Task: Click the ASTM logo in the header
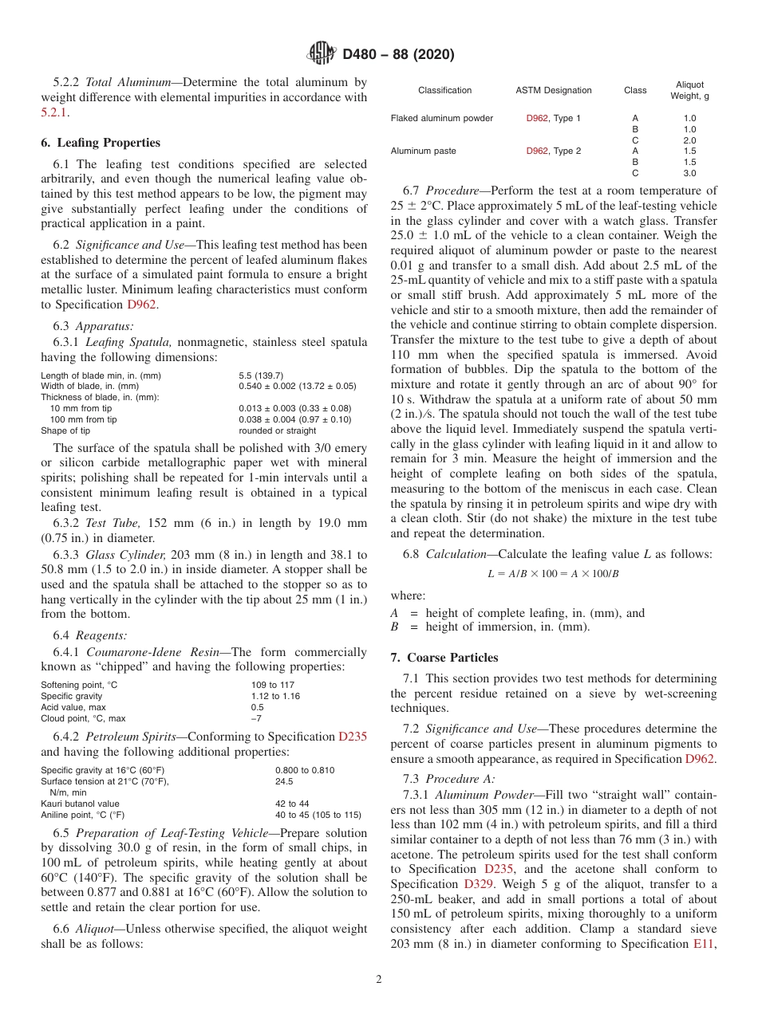pos(322,54)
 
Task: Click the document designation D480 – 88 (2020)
pos(398,55)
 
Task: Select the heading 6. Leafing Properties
pos(101,143)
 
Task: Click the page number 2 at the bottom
pos(379,979)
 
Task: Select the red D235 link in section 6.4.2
pos(353,737)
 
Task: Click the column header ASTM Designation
pos(554,91)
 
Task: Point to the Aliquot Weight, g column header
pos(689,90)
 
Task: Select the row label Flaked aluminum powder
pos(441,119)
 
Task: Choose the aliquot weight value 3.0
pos(689,173)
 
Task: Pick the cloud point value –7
pos(256,718)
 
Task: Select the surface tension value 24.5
pos(284,782)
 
